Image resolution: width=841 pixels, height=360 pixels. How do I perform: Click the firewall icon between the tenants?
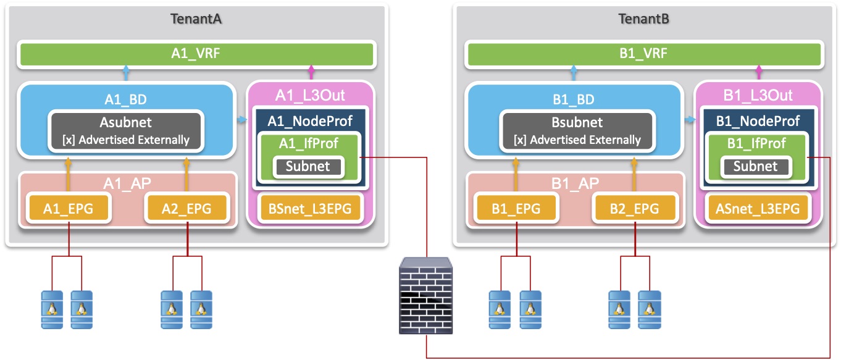pyautogui.click(x=425, y=294)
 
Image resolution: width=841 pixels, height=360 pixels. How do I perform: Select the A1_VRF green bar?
pyautogui.click(x=196, y=54)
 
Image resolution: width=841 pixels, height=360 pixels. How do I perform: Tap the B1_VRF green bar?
pyautogui.click(x=643, y=54)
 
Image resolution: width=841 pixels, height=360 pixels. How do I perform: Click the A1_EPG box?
pyautogui.click(x=68, y=208)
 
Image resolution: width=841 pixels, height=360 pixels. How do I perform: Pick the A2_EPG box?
pyautogui.click(x=186, y=208)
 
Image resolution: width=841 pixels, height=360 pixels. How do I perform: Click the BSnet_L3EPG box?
pyautogui.click(x=310, y=209)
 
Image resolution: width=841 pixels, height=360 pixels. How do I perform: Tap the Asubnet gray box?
pyautogui.click(x=126, y=130)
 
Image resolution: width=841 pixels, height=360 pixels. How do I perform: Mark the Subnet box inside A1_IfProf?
pyautogui.click(x=308, y=166)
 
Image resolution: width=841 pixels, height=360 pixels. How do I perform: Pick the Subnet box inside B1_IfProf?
pyautogui.click(x=756, y=166)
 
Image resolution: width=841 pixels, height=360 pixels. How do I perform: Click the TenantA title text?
pyautogui.click(x=196, y=19)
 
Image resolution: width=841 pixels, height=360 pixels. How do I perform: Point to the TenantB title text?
pyautogui.click(x=643, y=19)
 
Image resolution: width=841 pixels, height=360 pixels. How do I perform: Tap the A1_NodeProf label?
pyautogui.click(x=309, y=121)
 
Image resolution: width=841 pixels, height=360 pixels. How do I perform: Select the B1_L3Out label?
pyautogui.click(x=758, y=96)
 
